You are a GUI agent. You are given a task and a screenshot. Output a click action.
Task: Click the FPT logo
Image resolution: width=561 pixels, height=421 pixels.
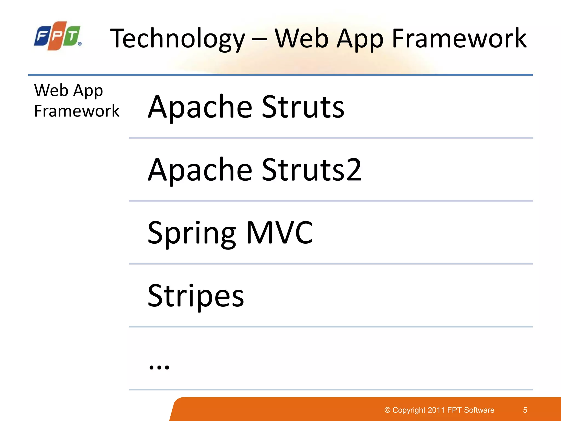(58, 36)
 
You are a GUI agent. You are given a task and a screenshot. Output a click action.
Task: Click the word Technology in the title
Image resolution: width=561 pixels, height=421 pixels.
(178, 39)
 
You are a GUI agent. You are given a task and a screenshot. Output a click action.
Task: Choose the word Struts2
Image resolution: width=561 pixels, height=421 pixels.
(312, 170)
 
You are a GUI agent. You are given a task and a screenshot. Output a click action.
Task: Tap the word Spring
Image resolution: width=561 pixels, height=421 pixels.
(191, 233)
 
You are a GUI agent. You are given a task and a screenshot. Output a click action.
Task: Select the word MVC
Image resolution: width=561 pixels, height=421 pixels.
(279, 233)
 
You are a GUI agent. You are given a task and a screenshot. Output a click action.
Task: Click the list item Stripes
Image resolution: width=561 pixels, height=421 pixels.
(196, 296)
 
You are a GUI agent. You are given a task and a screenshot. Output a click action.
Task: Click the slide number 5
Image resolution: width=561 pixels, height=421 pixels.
(525, 410)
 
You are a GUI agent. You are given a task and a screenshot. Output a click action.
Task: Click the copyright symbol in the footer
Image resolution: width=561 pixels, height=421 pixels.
(387, 410)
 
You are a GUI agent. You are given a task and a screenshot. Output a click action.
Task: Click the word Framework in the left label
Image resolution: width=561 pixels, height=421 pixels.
(77, 111)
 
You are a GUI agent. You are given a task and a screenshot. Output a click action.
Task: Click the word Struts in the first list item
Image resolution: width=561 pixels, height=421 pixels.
(303, 107)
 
